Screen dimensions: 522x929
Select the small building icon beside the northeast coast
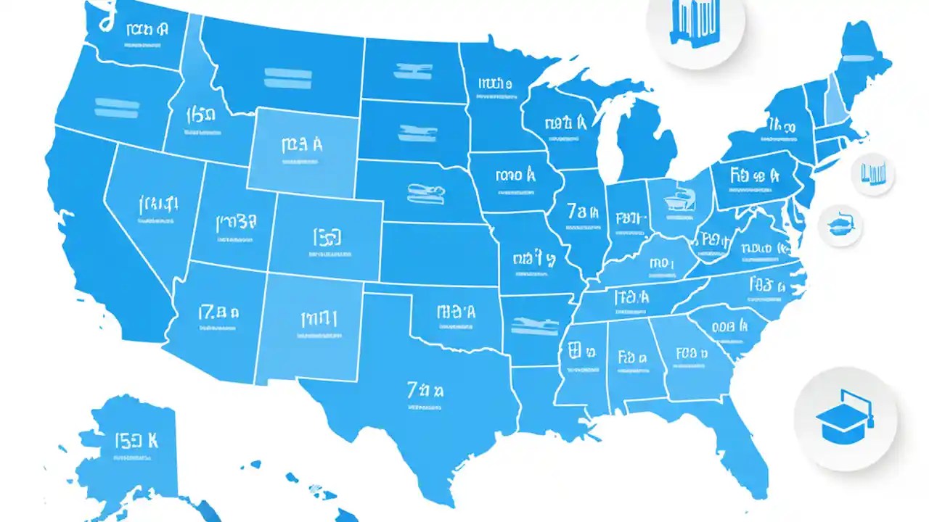(x=874, y=173)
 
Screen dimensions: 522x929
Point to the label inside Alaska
(x=136, y=442)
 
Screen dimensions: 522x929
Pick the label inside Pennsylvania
(x=755, y=177)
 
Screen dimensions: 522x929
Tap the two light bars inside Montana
(x=287, y=78)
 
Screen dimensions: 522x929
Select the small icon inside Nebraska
(x=427, y=194)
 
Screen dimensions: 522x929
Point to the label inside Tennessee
(x=633, y=298)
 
